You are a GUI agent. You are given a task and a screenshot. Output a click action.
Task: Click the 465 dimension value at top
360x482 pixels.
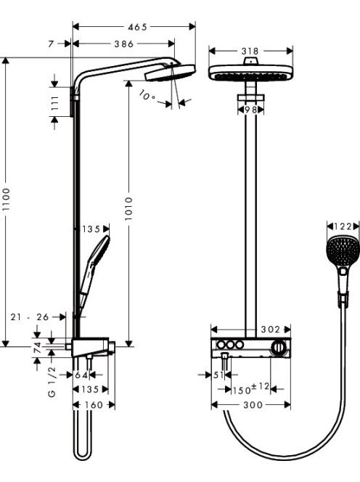pyautogui.click(x=137, y=27)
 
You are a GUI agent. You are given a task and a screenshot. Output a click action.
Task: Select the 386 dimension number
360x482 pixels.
pyautogui.click(x=124, y=44)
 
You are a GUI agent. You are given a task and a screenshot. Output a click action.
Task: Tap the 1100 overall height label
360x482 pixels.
pyautogui.click(x=6, y=199)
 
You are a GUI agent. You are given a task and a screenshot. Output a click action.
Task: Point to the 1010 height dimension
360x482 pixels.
pyautogui.click(x=128, y=208)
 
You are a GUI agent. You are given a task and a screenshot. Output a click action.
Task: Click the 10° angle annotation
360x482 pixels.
pyautogui.click(x=147, y=95)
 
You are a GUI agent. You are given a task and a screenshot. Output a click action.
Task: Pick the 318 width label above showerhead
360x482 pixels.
pyautogui.click(x=250, y=51)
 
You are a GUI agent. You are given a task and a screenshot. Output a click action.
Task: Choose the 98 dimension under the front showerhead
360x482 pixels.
pyautogui.click(x=250, y=110)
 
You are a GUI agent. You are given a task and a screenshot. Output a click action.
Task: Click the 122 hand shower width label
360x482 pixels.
pyautogui.click(x=343, y=226)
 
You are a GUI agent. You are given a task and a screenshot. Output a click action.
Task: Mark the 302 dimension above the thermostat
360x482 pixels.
pyautogui.click(x=271, y=330)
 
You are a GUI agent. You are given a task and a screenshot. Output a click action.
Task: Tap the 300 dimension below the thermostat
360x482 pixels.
pyautogui.click(x=253, y=405)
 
